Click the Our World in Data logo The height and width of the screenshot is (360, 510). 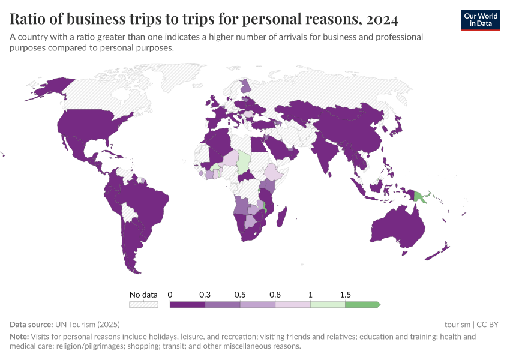481,19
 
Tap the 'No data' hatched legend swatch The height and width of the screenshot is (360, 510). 144,305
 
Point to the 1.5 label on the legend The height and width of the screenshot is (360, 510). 345,295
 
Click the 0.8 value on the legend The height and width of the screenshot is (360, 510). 275,295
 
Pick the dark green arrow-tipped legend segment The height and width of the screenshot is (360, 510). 362,305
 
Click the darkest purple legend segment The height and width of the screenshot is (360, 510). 187,305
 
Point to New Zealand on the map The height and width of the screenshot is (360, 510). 440,250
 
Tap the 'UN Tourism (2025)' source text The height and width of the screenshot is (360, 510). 80,324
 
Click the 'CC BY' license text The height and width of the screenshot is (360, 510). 488,324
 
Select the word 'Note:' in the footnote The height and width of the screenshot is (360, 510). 20,337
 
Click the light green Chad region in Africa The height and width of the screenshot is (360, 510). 243,161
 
